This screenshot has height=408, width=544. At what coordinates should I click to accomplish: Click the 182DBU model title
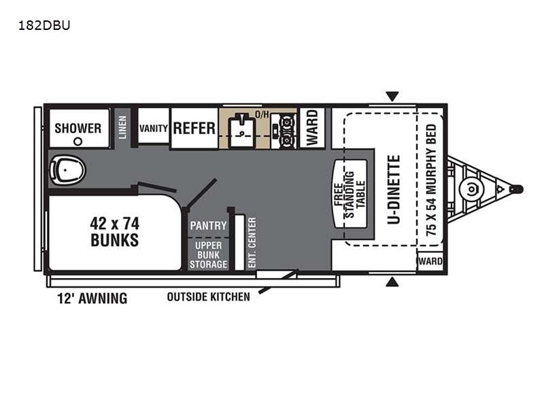[x=44, y=25]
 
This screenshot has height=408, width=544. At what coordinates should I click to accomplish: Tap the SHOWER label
[x=78, y=129]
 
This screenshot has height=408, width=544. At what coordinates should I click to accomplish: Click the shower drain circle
[x=78, y=141]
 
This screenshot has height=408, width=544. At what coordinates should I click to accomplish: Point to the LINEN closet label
[x=122, y=127]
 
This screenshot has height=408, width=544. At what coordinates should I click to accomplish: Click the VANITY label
[x=154, y=129]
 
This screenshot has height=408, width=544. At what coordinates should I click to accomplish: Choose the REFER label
[x=194, y=129]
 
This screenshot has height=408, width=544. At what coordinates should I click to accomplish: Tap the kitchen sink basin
[x=242, y=130]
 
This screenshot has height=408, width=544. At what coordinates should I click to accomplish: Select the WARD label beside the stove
[x=312, y=128]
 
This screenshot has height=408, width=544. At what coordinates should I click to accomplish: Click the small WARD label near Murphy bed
[x=430, y=261]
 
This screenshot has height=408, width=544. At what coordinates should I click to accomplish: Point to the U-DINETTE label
[x=394, y=190]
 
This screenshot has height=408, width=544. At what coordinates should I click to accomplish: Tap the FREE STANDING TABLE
[x=350, y=194]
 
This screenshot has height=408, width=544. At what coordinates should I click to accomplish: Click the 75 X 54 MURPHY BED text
[x=431, y=180]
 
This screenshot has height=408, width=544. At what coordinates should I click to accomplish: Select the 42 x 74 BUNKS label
[x=114, y=232]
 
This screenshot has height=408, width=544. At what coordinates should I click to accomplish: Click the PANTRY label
[x=208, y=226]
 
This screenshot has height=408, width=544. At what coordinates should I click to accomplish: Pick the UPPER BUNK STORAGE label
[x=208, y=255]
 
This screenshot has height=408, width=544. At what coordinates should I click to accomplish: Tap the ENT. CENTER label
[x=252, y=243]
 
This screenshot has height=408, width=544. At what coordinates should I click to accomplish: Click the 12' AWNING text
[x=92, y=299]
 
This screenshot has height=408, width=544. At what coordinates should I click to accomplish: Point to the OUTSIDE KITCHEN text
[x=209, y=297]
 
